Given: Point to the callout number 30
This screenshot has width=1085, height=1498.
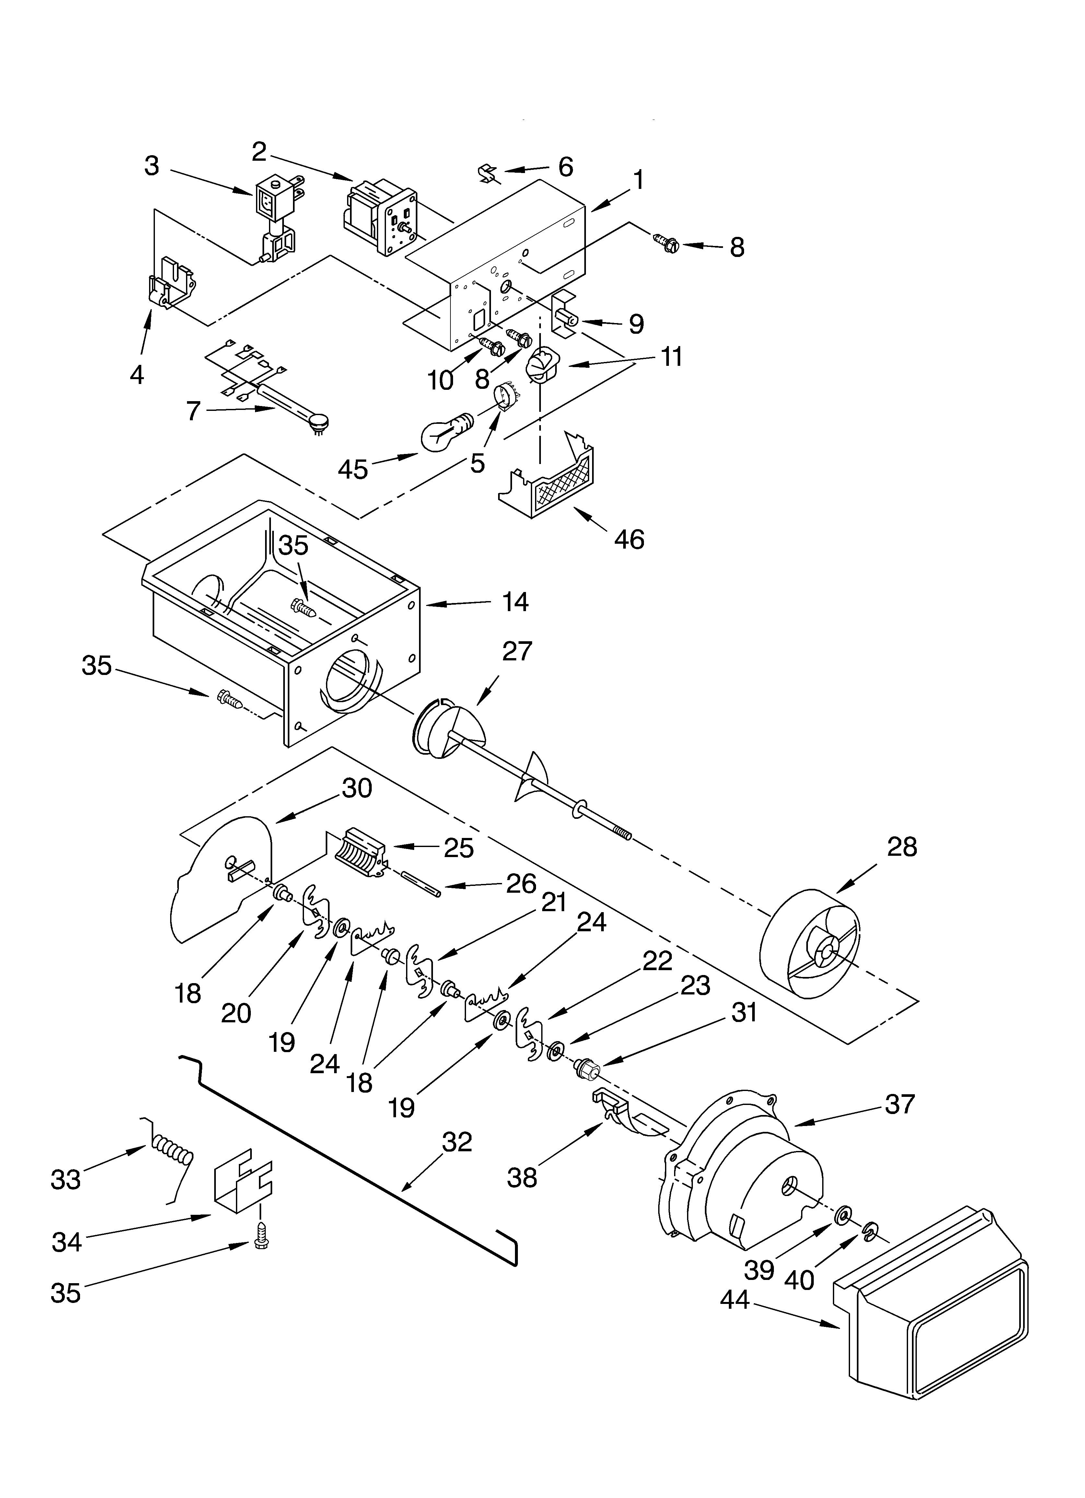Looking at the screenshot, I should tap(357, 788).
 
